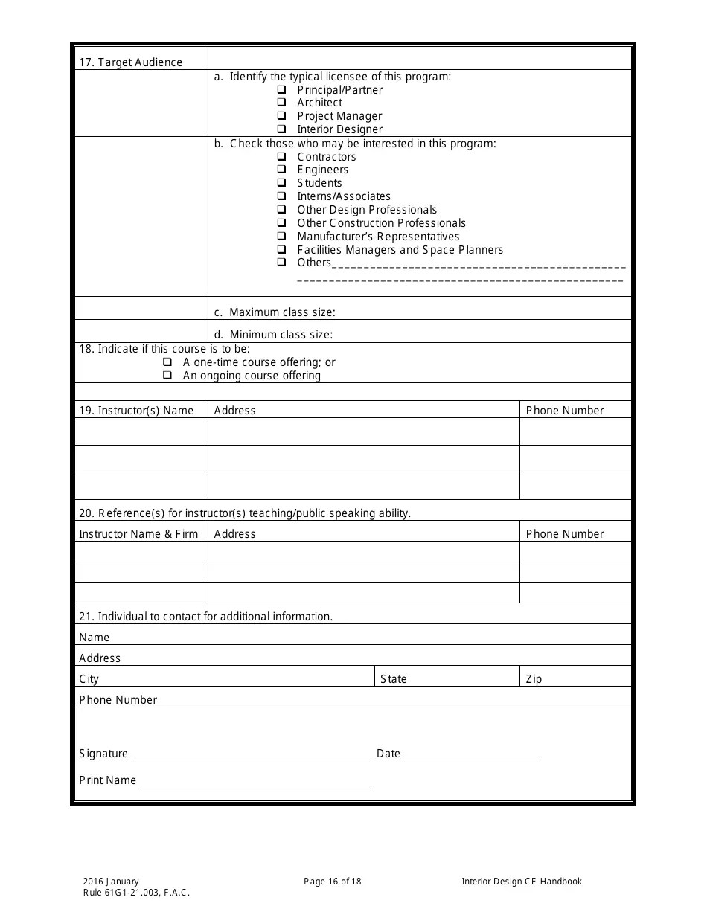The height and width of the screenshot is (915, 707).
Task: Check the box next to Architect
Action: coord(282,103)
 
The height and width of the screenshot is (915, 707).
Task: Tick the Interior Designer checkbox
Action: coord(282,129)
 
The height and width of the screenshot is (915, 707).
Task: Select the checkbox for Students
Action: coord(282,183)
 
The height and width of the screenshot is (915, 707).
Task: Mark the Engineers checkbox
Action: coord(282,170)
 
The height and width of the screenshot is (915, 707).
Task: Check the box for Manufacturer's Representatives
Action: coord(282,237)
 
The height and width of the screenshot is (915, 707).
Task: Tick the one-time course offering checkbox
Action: coord(167,362)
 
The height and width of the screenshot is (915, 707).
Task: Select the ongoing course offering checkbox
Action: coord(167,376)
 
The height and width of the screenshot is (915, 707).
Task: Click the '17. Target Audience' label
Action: coord(130,62)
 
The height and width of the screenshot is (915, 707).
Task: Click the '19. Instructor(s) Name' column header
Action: coord(136,411)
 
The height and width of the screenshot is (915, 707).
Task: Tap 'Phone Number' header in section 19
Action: coord(565,411)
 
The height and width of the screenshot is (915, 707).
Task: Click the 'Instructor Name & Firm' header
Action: coord(138,534)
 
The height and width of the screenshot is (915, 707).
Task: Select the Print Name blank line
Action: coord(255,782)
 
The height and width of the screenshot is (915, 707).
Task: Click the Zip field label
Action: coord(534,679)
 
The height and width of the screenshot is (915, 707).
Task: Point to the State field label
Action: coord(393,679)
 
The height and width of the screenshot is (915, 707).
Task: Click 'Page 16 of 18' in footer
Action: coord(332,882)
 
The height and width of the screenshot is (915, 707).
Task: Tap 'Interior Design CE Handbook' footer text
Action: coord(521,882)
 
